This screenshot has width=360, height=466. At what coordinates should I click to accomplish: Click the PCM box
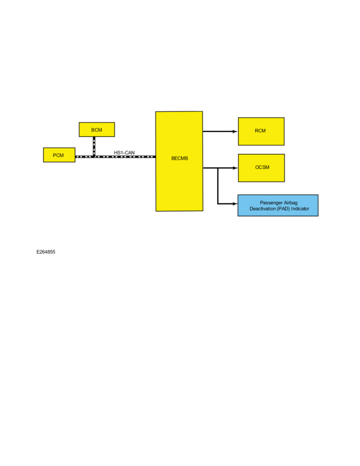59,155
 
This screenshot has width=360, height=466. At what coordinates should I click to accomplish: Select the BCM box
97,130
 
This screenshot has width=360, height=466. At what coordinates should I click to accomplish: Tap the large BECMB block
179,161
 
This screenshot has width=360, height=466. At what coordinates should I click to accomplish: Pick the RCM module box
261,131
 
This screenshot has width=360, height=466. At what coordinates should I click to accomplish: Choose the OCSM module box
261,168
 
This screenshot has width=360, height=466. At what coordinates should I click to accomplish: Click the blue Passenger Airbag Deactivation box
278,206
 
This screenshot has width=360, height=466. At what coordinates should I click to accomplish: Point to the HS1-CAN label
124,153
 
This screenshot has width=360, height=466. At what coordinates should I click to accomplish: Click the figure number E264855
46,252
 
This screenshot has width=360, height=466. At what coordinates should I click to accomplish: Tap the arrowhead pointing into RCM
235,131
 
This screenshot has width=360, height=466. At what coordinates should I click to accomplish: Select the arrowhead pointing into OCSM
235,168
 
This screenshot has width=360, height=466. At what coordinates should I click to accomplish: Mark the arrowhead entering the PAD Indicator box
235,204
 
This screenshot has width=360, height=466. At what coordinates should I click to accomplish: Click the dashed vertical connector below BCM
94,146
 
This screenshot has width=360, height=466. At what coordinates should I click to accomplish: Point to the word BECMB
179,158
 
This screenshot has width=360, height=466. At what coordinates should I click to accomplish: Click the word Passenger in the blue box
271,203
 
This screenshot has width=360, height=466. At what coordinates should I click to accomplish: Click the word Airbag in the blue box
290,203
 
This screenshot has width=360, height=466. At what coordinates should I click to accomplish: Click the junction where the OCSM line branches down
218,168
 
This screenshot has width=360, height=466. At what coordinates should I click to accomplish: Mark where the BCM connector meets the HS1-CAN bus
94,157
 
